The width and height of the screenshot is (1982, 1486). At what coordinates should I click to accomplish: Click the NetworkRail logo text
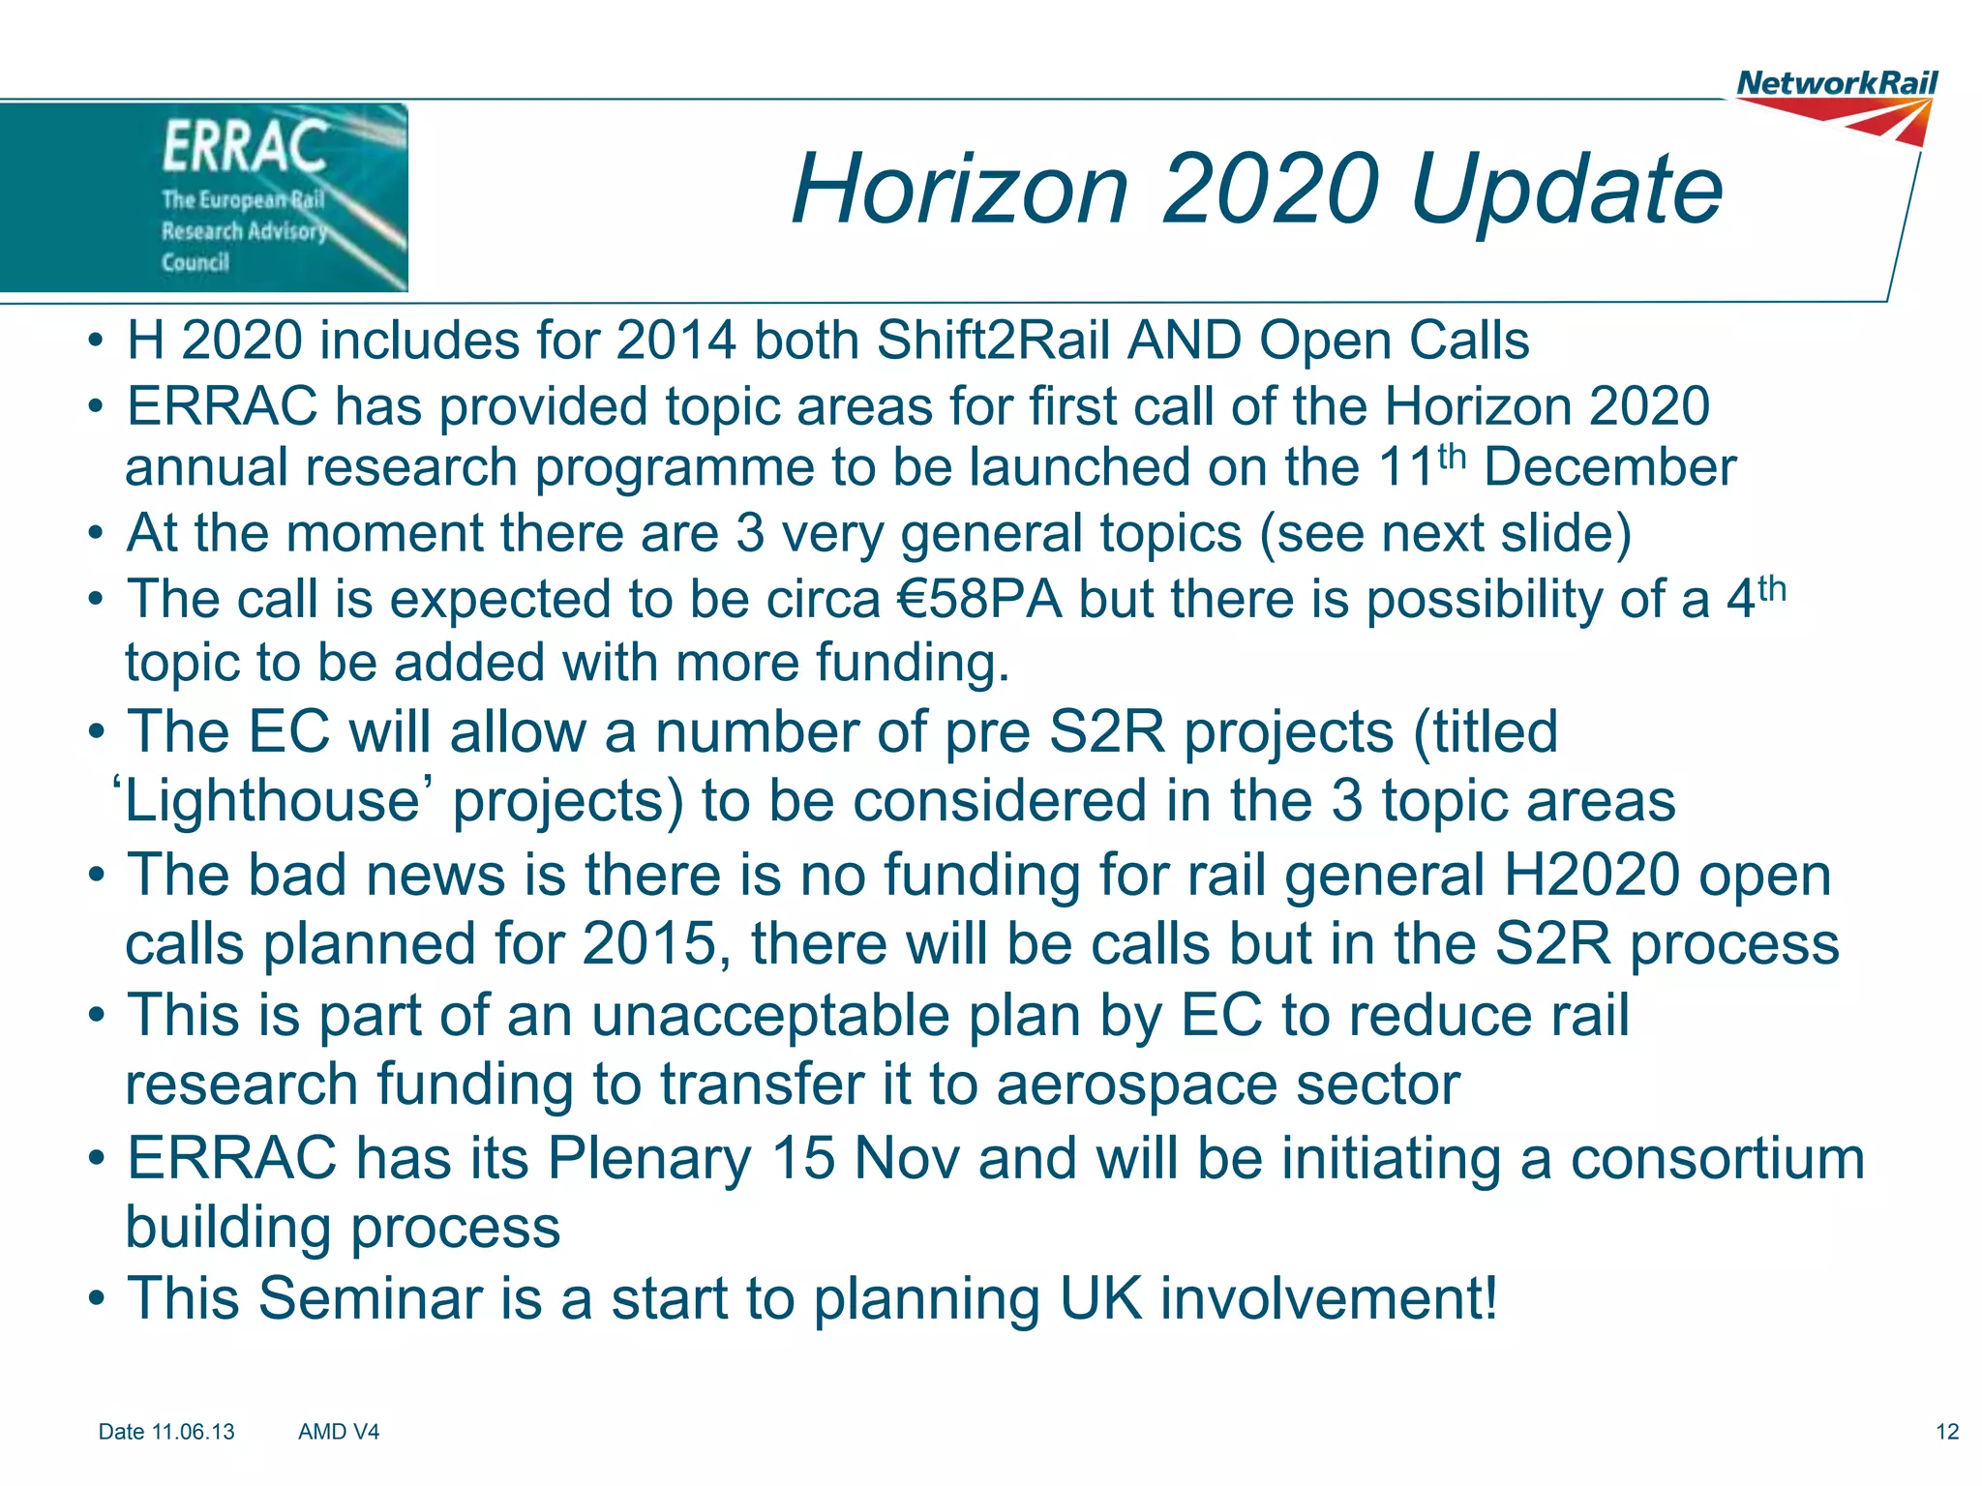[x=1837, y=83]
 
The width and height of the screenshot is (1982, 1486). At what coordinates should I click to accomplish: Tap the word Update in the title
[x=1567, y=190]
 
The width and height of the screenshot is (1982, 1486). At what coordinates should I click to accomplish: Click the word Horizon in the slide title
[x=960, y=190]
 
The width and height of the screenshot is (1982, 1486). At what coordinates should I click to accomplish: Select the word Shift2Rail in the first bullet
[x=993, y=341]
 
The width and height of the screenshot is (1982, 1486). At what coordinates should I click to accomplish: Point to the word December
[x=1609, y=467]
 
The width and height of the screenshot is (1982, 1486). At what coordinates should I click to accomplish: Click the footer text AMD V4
[x=339, y=1432]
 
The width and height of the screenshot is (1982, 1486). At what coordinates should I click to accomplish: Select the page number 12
[x=1947, y=1432]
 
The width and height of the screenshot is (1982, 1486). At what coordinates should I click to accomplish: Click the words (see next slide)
[x=1445, y=533]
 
